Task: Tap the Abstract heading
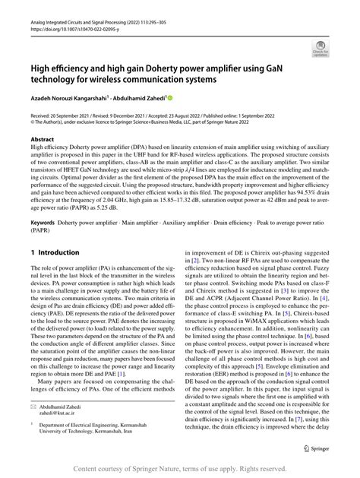(43, 140)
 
